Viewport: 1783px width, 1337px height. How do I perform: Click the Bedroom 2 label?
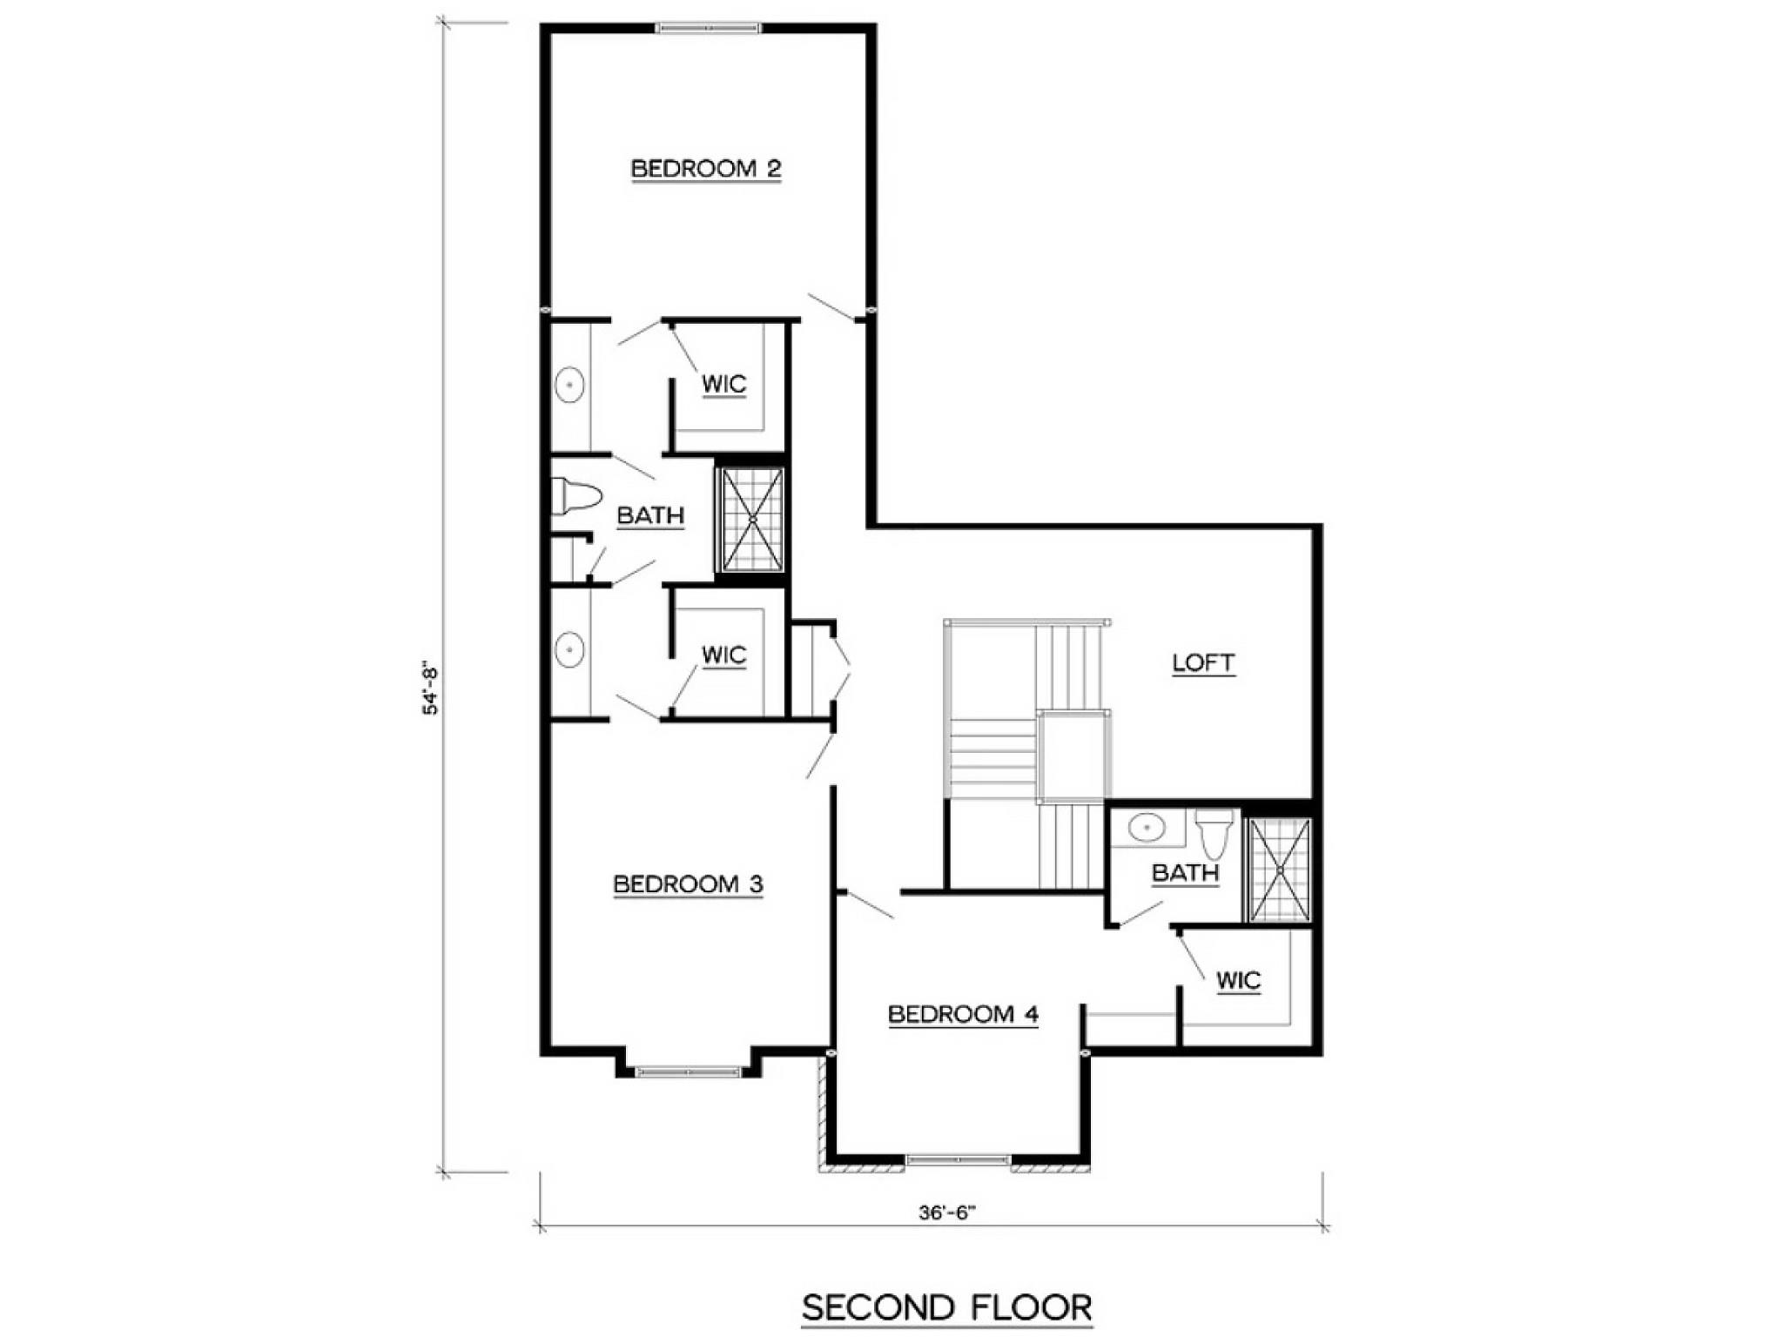(706, 168)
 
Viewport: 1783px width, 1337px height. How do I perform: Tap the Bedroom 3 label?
(688, 884)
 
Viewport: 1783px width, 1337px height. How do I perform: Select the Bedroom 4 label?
(963, 1014)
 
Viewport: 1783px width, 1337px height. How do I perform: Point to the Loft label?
(1203, 663)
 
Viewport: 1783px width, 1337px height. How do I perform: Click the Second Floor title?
(947, 1307)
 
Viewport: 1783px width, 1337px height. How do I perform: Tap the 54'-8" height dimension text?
(432, 689)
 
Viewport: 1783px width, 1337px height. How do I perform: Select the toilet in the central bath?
(576, 497)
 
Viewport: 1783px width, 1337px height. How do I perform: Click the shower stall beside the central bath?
(752, 520)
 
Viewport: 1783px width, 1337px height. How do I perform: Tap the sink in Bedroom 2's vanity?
(569, 385)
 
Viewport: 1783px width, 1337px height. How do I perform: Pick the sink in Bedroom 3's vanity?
(569, 649)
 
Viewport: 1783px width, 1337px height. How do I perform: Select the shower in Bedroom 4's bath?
(1280, 869)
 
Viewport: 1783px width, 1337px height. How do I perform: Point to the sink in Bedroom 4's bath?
(1147, 827)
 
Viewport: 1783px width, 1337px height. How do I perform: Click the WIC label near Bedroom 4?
(1238, 981)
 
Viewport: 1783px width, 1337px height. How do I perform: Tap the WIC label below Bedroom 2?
(723, 384)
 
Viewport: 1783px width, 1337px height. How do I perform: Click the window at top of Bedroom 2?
(708, 29)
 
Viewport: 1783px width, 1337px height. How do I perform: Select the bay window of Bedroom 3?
(688, 1072)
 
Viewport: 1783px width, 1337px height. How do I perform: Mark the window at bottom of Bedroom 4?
(958, 1159)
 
